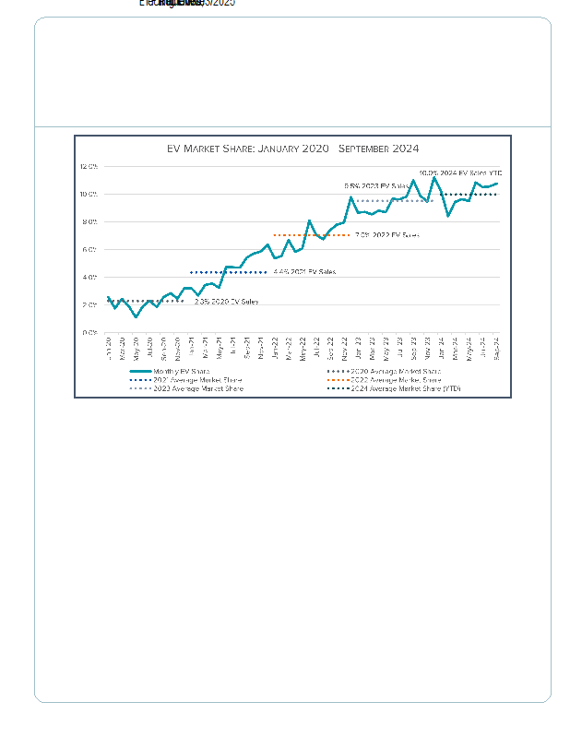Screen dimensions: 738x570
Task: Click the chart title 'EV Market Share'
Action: click(292, 149)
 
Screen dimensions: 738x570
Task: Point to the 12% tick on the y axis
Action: click(89, 167)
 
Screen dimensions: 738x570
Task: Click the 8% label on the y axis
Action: click(90, 222)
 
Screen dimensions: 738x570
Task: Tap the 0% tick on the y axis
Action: click(90, 333)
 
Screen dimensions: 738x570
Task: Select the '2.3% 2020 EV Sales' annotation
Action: click(226, 302)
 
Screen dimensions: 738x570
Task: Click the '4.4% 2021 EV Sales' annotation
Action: click(304, 272)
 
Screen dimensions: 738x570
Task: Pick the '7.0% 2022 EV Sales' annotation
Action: click(386, 235)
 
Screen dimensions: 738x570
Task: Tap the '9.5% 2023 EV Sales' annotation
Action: click(376, 186)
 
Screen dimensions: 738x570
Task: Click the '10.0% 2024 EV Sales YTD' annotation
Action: click(459, 173)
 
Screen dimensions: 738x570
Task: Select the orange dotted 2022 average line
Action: click(312, 235)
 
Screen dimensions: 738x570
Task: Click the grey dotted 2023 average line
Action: click(394, 201)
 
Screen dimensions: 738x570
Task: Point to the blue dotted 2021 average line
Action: click(228, 272)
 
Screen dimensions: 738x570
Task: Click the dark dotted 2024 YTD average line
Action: click(470, 195)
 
